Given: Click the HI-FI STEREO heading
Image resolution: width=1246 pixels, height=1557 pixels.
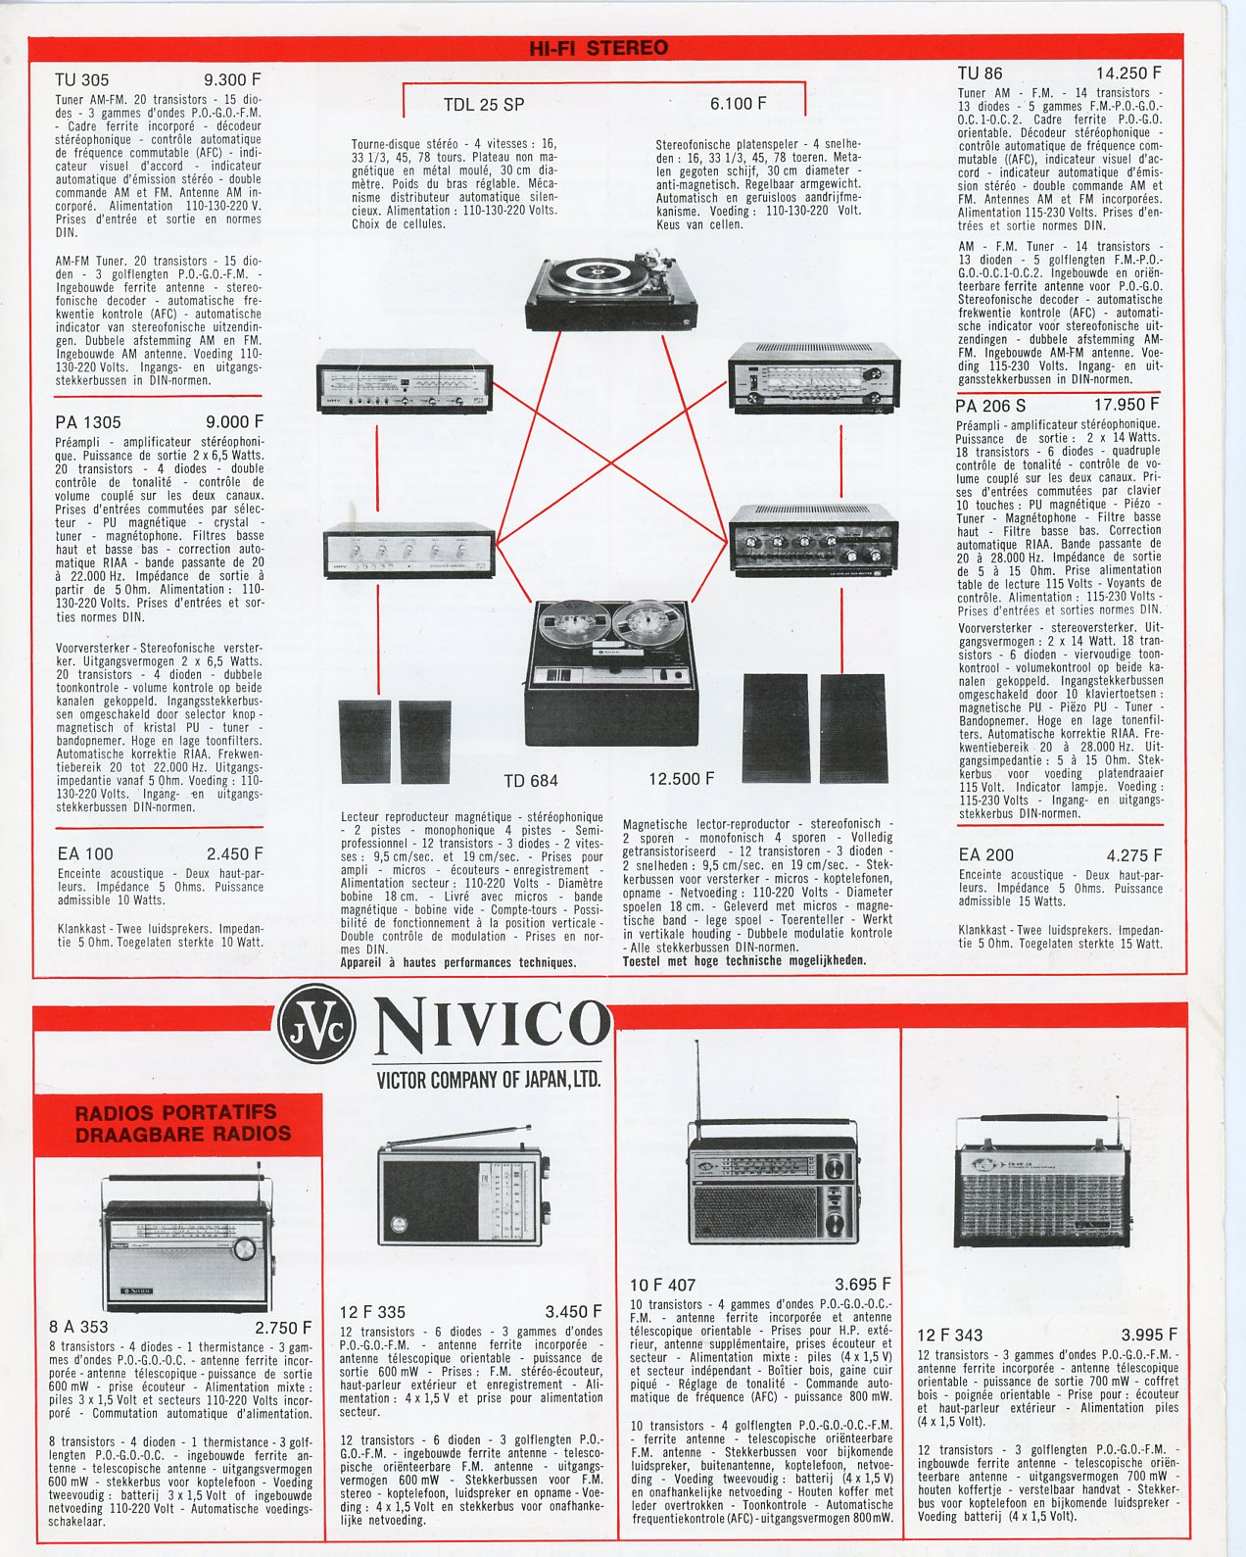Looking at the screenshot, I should click(598, 48).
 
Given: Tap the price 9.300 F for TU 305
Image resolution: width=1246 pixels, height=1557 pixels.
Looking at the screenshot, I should click(232, 79).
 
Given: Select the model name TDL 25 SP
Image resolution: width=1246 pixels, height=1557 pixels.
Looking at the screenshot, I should click(483, 105).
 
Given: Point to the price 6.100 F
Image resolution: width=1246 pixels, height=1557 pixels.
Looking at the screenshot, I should click(738, 104).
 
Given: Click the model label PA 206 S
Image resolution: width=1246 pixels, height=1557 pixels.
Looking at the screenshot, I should click(990, 406).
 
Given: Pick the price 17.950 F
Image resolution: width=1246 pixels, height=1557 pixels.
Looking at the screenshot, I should click(1126, 405).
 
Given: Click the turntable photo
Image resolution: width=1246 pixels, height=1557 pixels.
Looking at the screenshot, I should click(611, 290).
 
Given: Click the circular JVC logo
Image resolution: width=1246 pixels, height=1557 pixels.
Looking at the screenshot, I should click(316, 1024).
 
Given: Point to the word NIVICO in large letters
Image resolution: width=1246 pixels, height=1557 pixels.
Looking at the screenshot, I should click(492, 1024).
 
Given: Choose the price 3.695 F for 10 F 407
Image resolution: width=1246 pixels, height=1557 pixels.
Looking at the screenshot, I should click(862, 1285).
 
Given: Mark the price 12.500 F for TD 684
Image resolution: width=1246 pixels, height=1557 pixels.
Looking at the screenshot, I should click(681, 779).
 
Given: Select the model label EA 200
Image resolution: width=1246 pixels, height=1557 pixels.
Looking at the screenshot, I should click(985, 855).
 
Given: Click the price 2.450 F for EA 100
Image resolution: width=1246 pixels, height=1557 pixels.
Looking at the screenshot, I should click(234, 854).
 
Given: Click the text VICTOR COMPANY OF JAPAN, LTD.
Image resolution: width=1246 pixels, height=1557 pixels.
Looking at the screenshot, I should click(488, 1080).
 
